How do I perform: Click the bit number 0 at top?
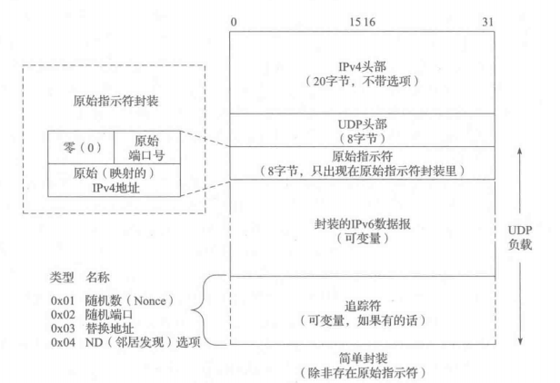[x=234, y=19]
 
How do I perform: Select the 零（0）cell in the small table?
[x=80, y=143]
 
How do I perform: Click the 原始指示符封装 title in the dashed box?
[x=119, y=100]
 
